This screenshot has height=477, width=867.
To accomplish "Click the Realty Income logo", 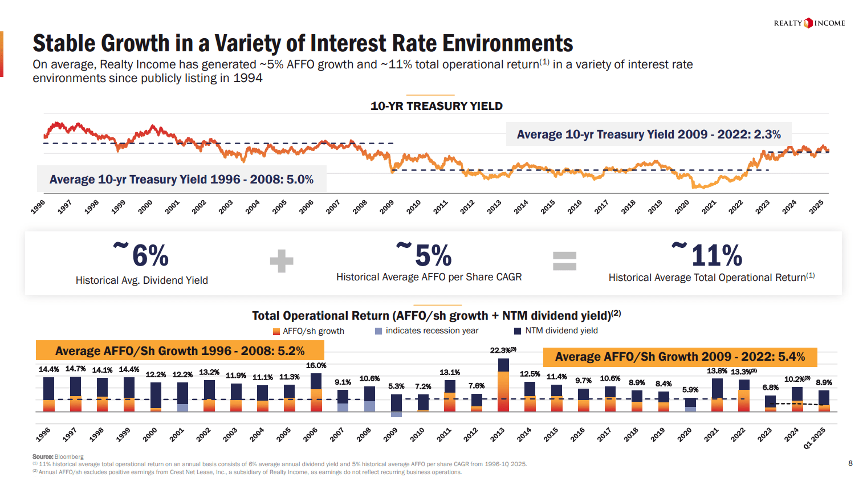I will coord(809,23).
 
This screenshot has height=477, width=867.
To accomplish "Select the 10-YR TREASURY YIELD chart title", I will coord(436,106).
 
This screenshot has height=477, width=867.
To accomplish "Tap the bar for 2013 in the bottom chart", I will coord(503,385).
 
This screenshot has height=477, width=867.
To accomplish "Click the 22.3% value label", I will coord(503,350).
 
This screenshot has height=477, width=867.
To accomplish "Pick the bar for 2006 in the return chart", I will coord(316,392).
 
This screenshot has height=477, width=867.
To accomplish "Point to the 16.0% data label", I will coord(316,365).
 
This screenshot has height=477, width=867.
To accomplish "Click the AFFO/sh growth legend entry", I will coord(308,331).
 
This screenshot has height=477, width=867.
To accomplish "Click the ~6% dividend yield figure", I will coord(143,255).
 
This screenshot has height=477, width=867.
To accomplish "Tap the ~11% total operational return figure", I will coord(709,255).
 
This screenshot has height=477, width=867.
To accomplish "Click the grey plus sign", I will coord(282,261).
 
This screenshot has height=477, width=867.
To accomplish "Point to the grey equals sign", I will coord(564,261).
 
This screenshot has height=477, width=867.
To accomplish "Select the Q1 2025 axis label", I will coord(814,438).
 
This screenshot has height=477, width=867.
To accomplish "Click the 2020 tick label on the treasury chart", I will coord(682,206).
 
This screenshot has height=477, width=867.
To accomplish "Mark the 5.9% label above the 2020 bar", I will coord(690,390).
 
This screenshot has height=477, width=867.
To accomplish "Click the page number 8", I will coord(850,463).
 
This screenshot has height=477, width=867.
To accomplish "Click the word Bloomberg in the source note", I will coord(69,456).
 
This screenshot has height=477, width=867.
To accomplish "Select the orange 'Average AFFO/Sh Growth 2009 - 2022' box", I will coord(679,357).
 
